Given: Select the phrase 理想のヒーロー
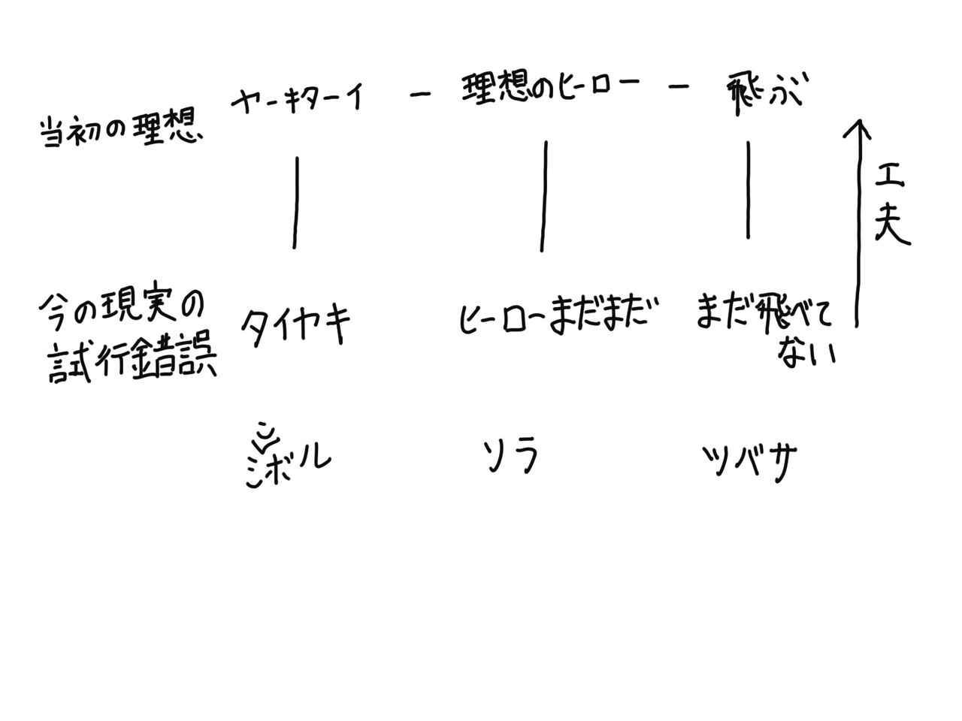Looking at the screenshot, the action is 550,90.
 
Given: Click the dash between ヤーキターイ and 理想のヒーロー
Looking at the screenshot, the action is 420,94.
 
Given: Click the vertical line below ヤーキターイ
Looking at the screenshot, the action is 296,202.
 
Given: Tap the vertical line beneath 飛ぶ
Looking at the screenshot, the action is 748,189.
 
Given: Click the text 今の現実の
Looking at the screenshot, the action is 120,309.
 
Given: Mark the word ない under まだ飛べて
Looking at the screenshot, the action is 807,351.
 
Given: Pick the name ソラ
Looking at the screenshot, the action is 511,456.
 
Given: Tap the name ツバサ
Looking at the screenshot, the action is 749,460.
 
